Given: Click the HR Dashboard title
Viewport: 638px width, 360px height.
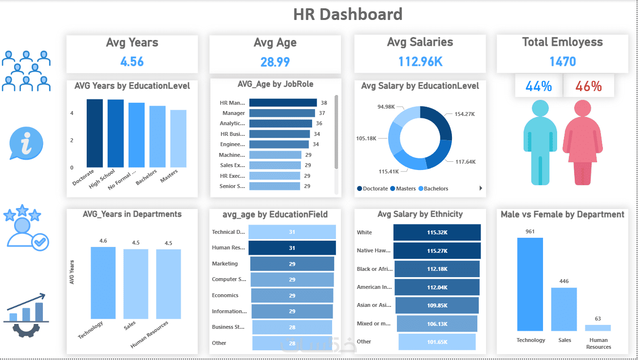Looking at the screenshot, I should point(348,14).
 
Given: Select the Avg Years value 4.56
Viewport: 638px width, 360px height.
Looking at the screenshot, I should point(132,61).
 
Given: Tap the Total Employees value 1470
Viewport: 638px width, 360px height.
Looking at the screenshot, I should point(563,61).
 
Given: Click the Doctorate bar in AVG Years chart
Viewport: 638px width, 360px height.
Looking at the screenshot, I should point(94,133).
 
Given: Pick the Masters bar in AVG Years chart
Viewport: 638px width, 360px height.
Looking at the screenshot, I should point(178,138).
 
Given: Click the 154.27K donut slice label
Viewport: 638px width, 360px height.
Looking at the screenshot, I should point(464,114).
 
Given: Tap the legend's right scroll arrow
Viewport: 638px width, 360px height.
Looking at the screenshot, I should point(481,188).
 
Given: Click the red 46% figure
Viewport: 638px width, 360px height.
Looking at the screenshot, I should point(588,87).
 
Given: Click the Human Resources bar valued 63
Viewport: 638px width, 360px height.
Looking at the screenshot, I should point(598,328).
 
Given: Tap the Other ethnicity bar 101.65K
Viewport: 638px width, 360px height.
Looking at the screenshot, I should point(437,341).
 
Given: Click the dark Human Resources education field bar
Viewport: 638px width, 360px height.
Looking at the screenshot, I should point(292,248).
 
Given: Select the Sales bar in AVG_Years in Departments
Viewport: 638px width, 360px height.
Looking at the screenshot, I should point(135,284).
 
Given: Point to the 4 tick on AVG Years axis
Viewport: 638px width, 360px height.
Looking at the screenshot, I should point(72,113).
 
